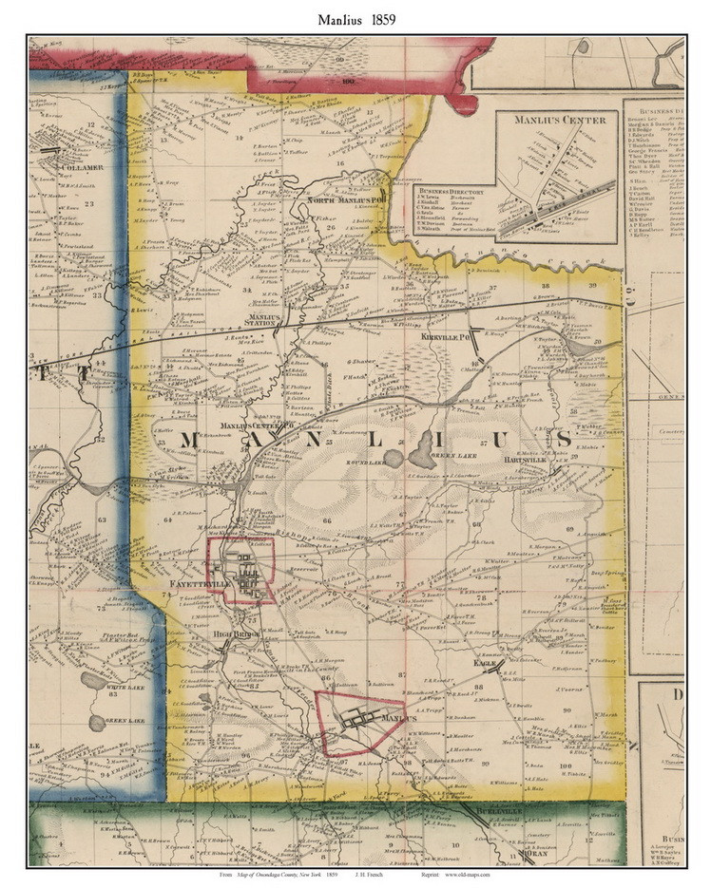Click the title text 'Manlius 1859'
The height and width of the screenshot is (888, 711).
[355, 18]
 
